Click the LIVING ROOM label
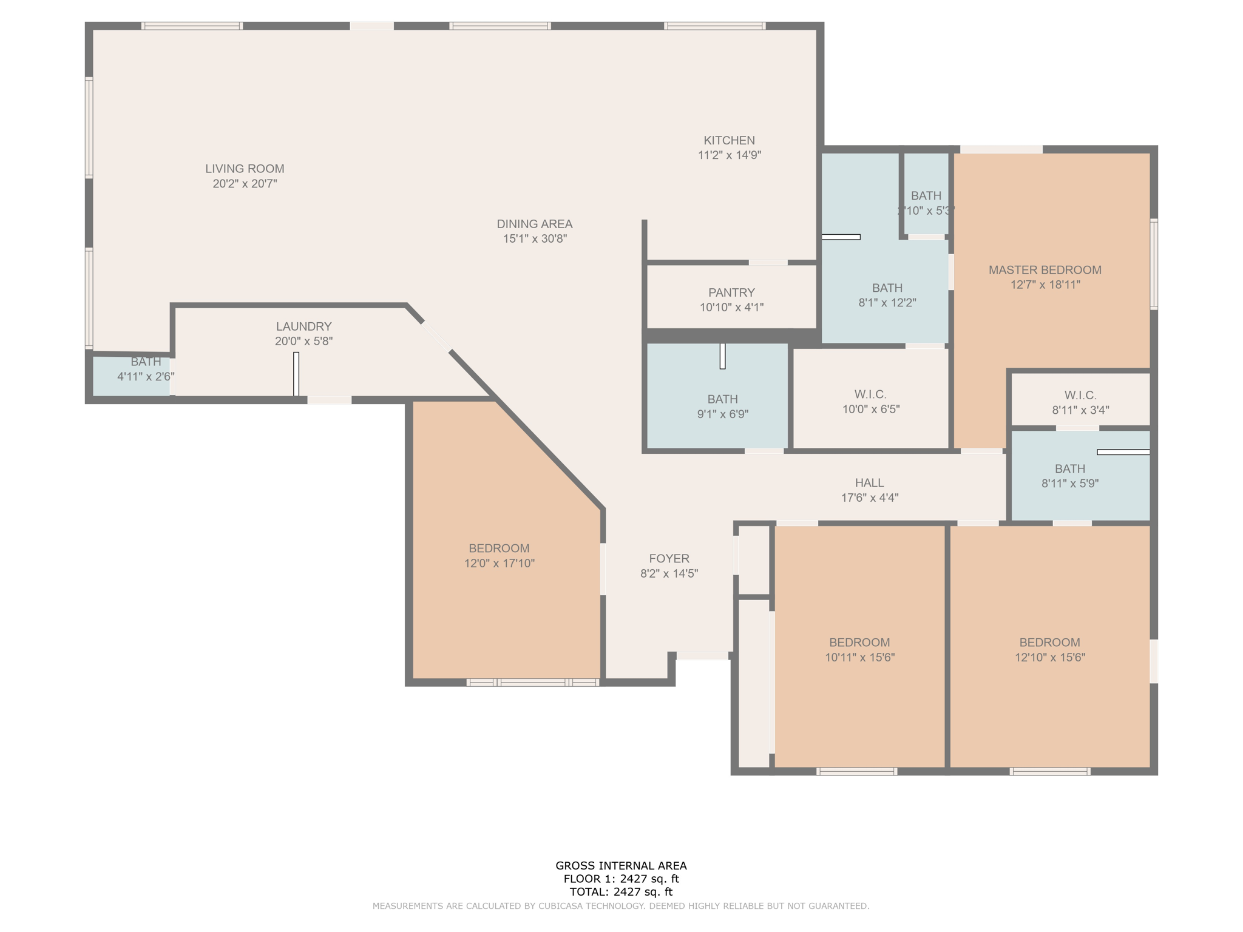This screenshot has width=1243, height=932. (x=245, y=169)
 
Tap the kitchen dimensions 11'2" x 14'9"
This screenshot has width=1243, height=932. (x=729, y=155)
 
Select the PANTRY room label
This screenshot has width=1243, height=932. (x=731, y=292)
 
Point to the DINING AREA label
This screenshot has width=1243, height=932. (x=534, y=224)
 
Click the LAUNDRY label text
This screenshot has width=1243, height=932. (x=303, y=326)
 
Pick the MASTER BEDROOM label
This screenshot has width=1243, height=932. (x=1045, y=270)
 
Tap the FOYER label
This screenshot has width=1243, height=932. (x=669, y=559)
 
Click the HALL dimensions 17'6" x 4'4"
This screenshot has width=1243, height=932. (x=869, y=498)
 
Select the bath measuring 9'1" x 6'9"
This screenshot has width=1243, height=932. (x=722, y=407)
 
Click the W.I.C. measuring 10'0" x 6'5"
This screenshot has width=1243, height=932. (x=870, y=402)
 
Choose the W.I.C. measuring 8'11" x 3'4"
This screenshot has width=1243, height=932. (x=1080, y=402)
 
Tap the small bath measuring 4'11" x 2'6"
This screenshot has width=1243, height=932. (x=146, y=370)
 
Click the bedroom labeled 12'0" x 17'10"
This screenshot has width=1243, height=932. (x=499, y=556)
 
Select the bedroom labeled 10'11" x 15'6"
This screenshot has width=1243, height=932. (x=859, y=650)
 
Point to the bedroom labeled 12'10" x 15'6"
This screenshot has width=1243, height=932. (x=1049, y=650)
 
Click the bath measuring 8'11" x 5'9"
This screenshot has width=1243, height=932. (x=1069, y=476)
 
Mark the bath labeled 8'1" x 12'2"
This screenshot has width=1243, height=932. (x=887, y=295)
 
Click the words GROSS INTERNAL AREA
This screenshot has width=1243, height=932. (x=621, y=866)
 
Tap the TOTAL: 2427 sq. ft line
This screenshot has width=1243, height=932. (x=621, y=892)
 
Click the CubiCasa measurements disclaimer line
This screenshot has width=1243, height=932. (x=621, y=906)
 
